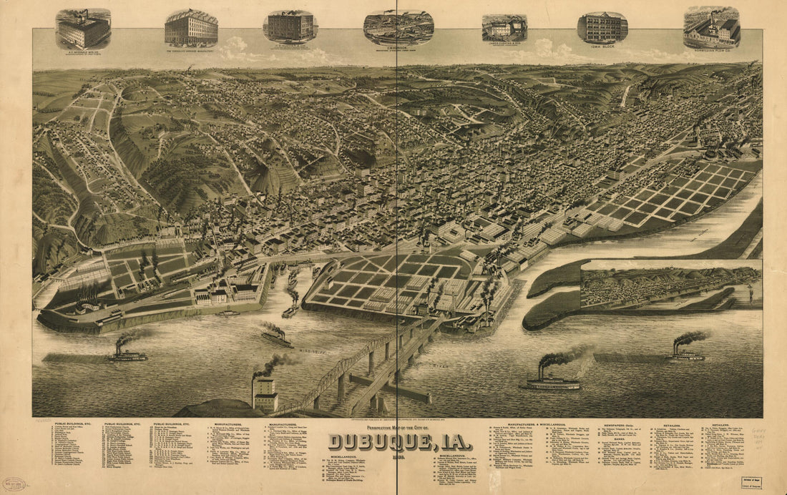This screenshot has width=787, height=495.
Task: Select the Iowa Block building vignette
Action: click(x=602, y=28)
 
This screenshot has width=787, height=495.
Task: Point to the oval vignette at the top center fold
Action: click(x=398, y=27)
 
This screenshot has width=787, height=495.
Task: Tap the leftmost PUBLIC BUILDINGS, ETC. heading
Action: click(x=72, y=423)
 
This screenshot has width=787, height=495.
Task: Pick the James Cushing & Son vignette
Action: click(x=504, y=28)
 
